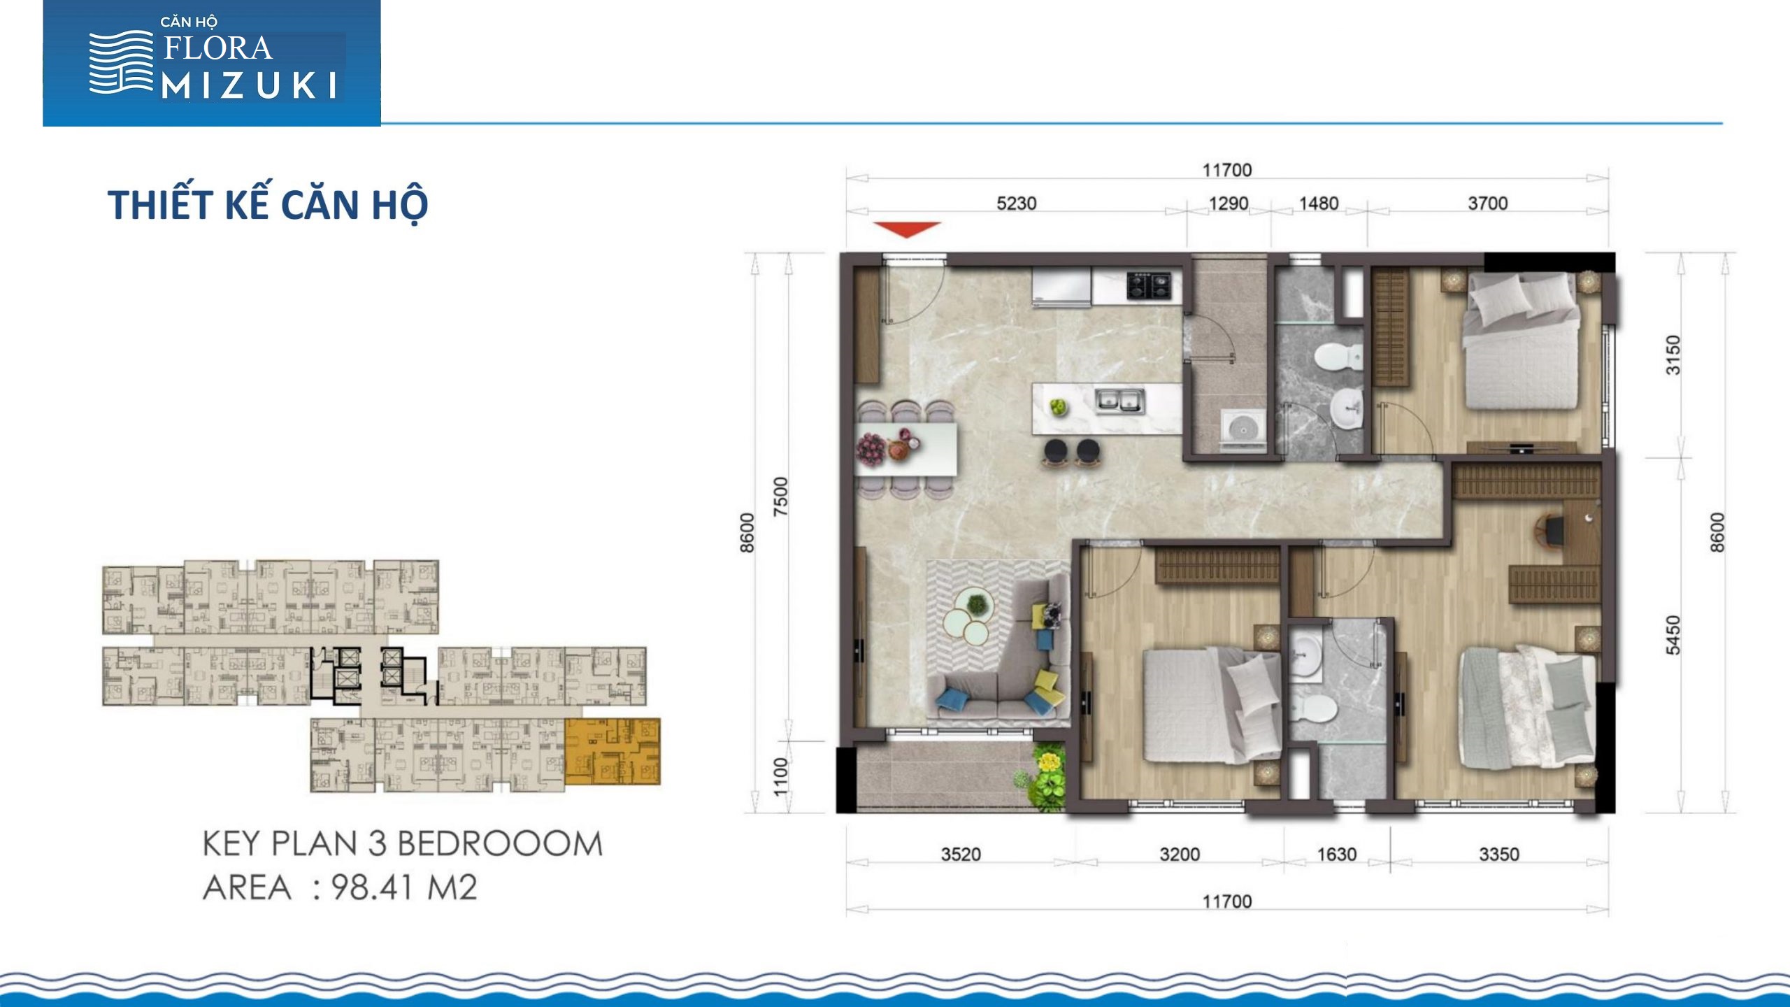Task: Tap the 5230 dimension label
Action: pyautogui.click(x=1016, y=203)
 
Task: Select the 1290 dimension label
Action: pyautogui.click(x=1229, y=203)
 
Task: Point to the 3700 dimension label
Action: pyautogui.click(x=1487, y=203)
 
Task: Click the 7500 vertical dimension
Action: pyautogui.click(x=780, y=497)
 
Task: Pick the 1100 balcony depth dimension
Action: pyautogui.click(x=780, y=776)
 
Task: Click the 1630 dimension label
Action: pyautogui.click(x=1336, y=854)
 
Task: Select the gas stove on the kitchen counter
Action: pyautogui.click(x=1149, y=285)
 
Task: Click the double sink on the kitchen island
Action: pyautogui.click(x=1120, y=401)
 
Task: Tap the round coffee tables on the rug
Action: pyautogui.click(x=968, y=616)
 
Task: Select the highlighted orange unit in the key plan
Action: pyautogui.click(x=612, y=751)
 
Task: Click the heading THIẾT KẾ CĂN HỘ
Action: pyautogui.click(x=268, y=203)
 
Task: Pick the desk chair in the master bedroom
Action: pyautogui.click(x=1549, y=529)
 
